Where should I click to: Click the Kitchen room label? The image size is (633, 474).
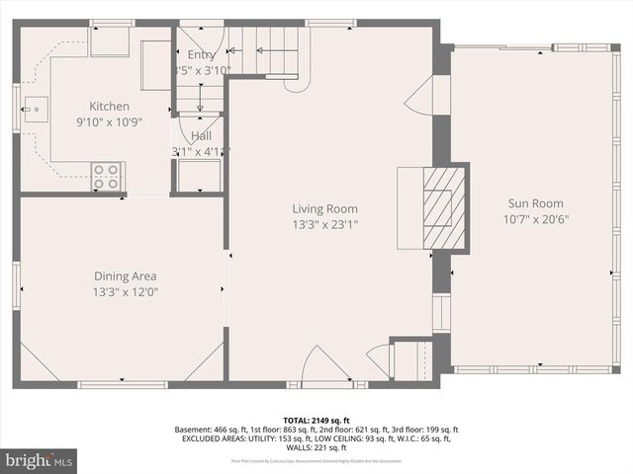tap(110, 106)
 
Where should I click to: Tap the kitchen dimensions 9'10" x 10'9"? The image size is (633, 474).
tap(110, 122)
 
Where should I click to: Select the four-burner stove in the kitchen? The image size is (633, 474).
tap(106, 177)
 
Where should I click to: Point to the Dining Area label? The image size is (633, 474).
tap(125, 276)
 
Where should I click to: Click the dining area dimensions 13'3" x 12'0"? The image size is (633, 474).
tap(125, 292)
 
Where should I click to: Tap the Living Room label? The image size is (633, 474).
tap(324, 208)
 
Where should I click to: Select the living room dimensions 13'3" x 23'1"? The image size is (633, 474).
tap(324, 225)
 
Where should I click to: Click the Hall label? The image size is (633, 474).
tap(201, 136)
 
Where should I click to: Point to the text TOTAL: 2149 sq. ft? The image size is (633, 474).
tap(316, 420)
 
